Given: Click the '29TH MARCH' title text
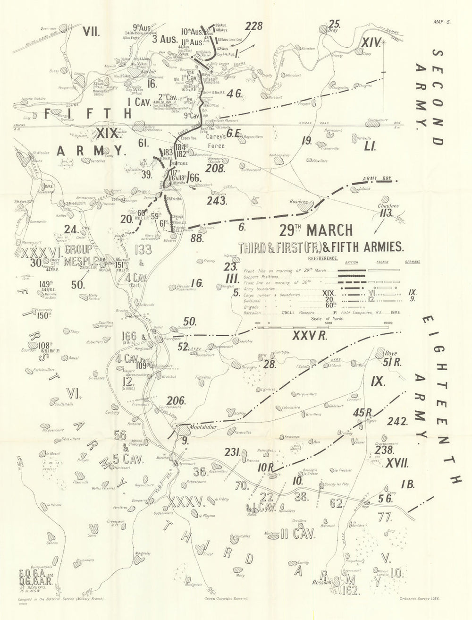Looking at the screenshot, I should coord(315,230).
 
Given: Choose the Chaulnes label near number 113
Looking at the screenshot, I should coord(388,206).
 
